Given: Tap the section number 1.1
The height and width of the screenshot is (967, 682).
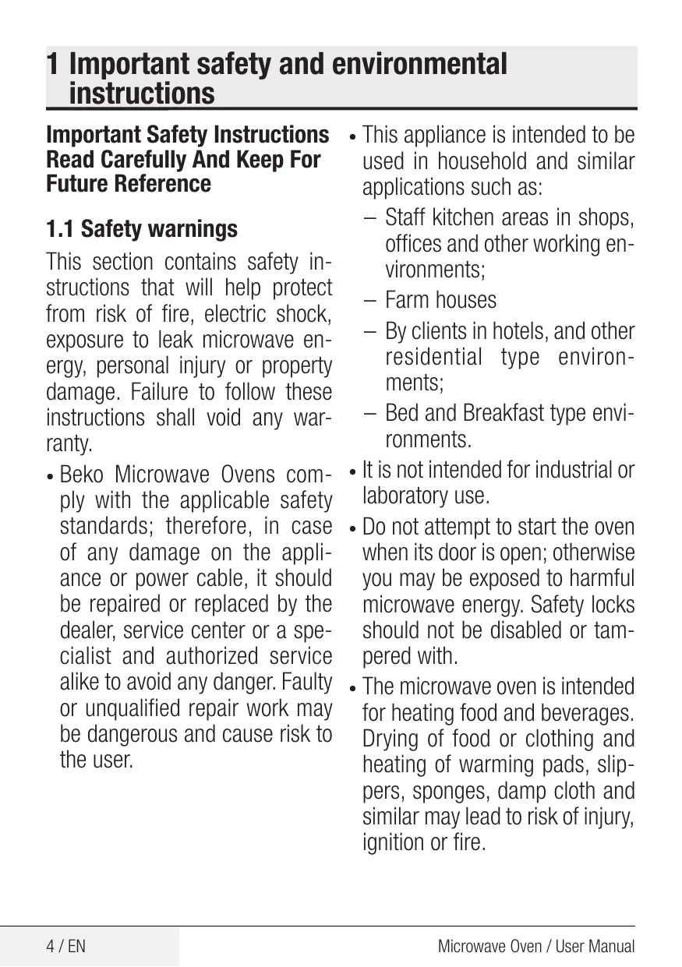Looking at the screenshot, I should pos(61,229).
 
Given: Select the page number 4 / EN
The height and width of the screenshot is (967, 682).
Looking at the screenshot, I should pos(65,947).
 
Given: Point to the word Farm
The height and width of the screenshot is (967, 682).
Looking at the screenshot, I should pos(408,300).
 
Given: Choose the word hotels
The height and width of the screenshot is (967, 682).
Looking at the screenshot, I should pos(521,330).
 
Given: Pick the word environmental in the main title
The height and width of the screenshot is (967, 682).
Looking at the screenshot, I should pos(419,65).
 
